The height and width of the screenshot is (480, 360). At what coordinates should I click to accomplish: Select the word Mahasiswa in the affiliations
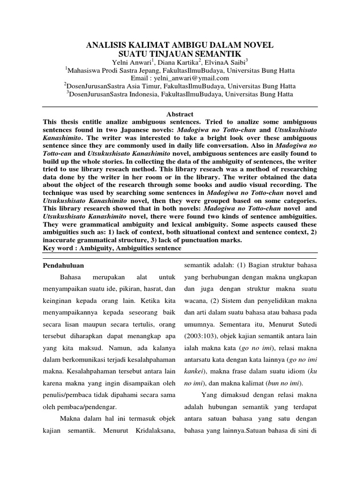click(x=86, y=71)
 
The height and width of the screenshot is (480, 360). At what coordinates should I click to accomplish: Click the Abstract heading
click(x=180, y=114)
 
